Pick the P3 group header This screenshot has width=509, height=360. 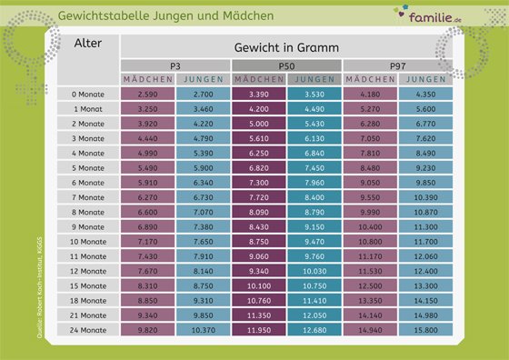coord(175,66)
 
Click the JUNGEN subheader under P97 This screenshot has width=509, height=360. coord(425,80)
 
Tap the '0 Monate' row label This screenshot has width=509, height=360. coord(91,94)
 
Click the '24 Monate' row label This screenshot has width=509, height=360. coord(91,331)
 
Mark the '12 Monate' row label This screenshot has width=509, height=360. coord(91,272)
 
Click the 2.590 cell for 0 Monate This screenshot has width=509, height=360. coord(147,94)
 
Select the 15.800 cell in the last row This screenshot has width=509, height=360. coord(425,331)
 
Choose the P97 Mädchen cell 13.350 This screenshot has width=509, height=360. coord(370,301)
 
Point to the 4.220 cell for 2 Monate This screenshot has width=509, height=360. coord(203,124)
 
